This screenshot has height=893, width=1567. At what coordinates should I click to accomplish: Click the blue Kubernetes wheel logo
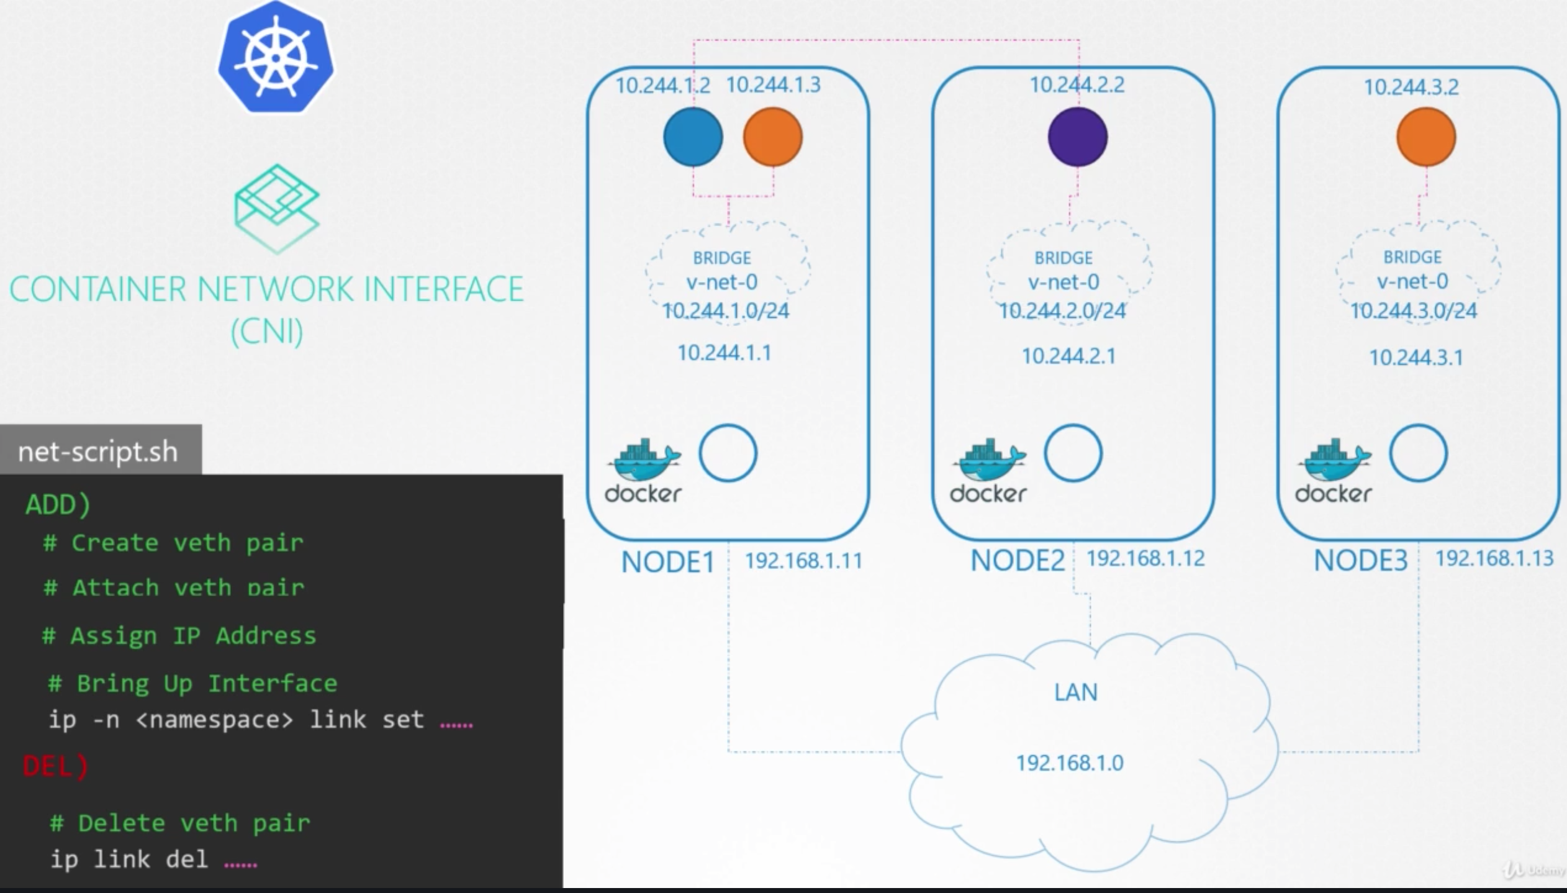(276, 57)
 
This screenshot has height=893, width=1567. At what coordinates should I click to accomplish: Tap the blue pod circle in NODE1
(693, 137)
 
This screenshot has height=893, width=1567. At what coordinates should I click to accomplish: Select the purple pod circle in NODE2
(1077, 137)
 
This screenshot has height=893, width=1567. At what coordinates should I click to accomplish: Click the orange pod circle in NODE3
(1425, 137)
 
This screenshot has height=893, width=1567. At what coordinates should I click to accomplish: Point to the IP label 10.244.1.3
(773, 84)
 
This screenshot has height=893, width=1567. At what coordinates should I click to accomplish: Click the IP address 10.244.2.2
(1077, 84)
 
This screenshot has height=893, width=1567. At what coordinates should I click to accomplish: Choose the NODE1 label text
(667, 562)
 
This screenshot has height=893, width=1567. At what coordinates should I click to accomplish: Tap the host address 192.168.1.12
(1145, 558)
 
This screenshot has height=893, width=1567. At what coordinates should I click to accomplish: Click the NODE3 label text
(1360, 561)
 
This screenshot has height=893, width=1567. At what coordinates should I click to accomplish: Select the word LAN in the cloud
(1075, 692)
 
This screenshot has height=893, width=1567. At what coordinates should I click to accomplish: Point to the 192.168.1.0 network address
(1069, 763)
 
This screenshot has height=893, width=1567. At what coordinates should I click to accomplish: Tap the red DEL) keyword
(56, 766)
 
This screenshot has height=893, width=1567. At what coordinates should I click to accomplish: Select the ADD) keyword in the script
(58, 504)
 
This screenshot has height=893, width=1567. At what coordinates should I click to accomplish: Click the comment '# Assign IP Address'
(179, 636)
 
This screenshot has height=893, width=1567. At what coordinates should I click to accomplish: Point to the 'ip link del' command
(129, 859)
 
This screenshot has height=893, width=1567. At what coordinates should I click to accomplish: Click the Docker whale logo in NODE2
(988, 470)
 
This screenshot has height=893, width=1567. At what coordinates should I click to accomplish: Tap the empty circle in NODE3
(1418, 453)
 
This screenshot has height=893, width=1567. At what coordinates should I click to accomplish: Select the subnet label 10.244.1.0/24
(725, 311)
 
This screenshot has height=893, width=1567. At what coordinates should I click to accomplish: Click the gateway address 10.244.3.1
(1416, 358)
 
